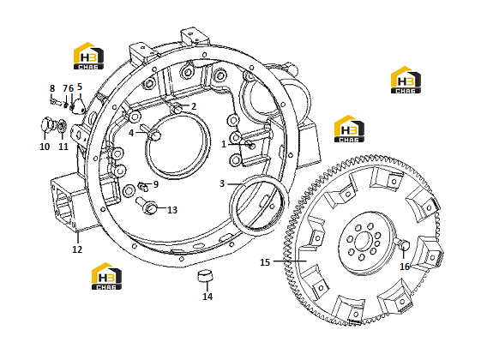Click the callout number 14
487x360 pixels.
click(x=207, y=297)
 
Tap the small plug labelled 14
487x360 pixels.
click(x=205, y=275)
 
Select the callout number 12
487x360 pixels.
click(x=77, y=249)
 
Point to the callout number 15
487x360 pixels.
click(x=265, y=262)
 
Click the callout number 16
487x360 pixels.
click(x=405, y=267)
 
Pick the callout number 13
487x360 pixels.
click(x=172, y=210)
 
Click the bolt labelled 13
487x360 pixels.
click(x=147, y=206)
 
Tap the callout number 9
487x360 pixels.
click(x=156, y=184)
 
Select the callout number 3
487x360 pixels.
click(x=222, y=183)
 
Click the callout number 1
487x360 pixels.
click(x=224, y=145)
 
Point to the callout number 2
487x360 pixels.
click(x=194, y=106)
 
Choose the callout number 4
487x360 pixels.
click(x=131, y=133)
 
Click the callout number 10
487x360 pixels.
click(x=45, y=147)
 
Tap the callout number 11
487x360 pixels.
click(x=63, y=147)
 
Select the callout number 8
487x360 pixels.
click(x=52, y=88)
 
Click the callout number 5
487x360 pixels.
click(x=80, y=87)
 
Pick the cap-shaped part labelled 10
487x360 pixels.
click(x=46, y=124)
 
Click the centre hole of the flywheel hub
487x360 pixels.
click(x=363, y=241)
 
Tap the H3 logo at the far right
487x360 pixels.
click(x=406, y=80)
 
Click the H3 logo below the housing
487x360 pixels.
click(x=106, y=276)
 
